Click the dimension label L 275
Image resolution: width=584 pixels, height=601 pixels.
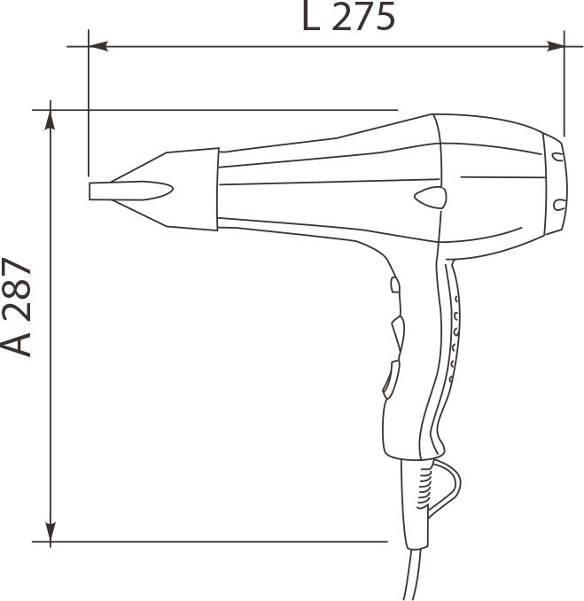[x=348, y=16]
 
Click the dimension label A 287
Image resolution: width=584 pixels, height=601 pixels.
[x=16, y=307]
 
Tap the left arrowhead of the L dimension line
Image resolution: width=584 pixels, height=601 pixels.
[x=98, y=46]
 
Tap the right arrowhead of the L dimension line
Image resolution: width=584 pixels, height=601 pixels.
[x=555, y=46]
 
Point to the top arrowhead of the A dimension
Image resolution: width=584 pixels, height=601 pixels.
[x=51, y=120]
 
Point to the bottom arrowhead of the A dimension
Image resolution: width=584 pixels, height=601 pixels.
[x=51, y=532]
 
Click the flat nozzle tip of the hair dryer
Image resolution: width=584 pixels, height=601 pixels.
[x=130, y=191]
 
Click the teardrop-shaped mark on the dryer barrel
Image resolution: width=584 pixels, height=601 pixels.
[x=431, y=198]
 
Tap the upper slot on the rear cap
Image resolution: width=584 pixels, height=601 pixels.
[x=558, y=157]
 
